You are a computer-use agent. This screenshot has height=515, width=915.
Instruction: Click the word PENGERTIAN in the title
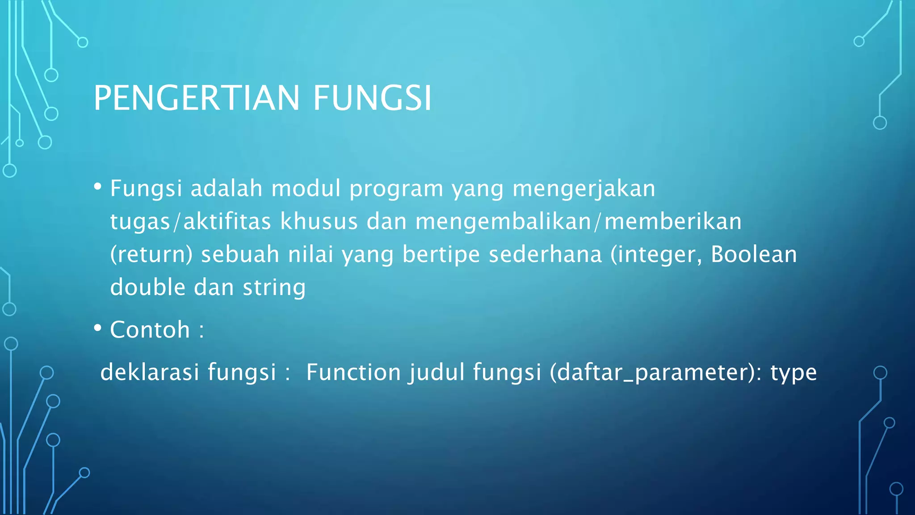[196, 98]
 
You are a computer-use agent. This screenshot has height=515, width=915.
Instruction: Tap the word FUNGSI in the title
[372, 98]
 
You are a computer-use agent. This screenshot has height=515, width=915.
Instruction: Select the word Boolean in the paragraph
[754, 254]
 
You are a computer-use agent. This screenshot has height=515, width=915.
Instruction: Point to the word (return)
[151, 254]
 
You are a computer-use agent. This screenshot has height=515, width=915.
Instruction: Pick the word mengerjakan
[584, 189]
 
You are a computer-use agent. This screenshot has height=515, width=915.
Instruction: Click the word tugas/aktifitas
[191, 221]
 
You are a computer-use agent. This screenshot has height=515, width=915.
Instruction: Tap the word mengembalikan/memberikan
[579, 221]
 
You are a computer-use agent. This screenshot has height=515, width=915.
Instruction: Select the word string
[274, 287]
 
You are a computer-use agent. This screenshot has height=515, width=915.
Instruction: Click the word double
[147, 287]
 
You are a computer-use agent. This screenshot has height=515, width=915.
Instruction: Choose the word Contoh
[150, 329]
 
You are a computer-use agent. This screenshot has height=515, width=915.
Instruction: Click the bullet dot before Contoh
[97, 328]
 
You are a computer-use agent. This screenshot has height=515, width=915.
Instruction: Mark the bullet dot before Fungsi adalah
[97, 186]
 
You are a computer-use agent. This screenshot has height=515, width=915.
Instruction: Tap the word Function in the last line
[353, 372]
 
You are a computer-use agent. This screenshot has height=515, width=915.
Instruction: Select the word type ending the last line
[793, 372]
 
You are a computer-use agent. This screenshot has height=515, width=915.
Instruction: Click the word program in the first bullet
[396, 189]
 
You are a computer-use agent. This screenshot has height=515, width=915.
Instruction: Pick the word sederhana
[545, 254]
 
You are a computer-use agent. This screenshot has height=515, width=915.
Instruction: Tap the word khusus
[319, 221]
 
